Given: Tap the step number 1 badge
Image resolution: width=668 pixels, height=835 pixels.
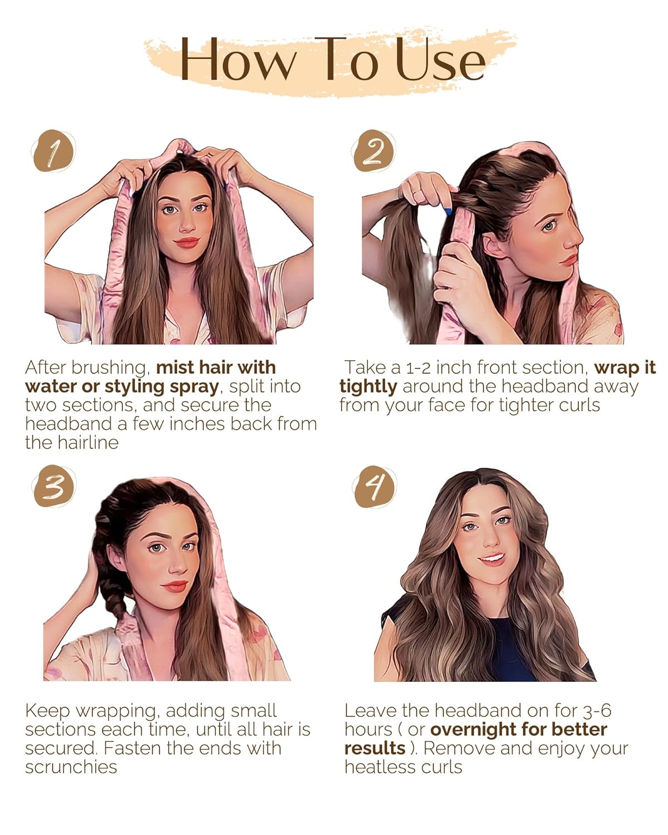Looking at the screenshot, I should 52,151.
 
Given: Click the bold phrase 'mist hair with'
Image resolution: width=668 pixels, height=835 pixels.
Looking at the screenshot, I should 216,367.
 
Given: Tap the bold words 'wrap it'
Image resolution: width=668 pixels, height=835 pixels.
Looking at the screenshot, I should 625,367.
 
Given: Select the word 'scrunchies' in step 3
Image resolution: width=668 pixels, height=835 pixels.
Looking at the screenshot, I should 71,767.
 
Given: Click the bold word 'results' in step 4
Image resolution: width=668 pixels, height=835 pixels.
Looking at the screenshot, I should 375,748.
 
